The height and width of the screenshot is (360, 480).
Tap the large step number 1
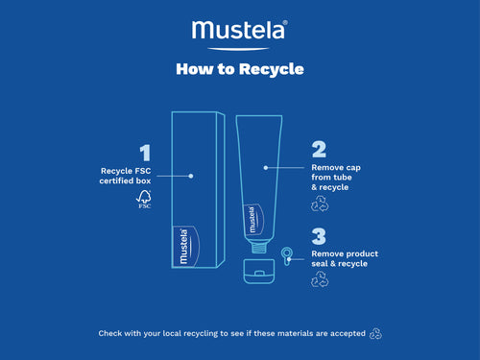(145, 153)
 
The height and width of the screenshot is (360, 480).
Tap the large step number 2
(320, 149)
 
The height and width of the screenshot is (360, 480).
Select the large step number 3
(320, 236)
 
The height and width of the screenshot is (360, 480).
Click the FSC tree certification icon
(144, 200)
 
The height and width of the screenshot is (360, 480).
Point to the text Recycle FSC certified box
(126, 177)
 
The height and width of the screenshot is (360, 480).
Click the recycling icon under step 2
(320, 204)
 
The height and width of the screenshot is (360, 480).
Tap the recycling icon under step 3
(320, 280)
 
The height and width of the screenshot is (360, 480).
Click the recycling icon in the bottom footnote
(377, 333)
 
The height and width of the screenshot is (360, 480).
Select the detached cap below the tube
(255, 268)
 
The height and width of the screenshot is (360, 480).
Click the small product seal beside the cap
(286, 254)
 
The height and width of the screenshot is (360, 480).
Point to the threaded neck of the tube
(255, 245)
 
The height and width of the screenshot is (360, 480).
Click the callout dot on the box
(192, 176)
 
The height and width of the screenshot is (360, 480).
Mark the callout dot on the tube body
(265, 167)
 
